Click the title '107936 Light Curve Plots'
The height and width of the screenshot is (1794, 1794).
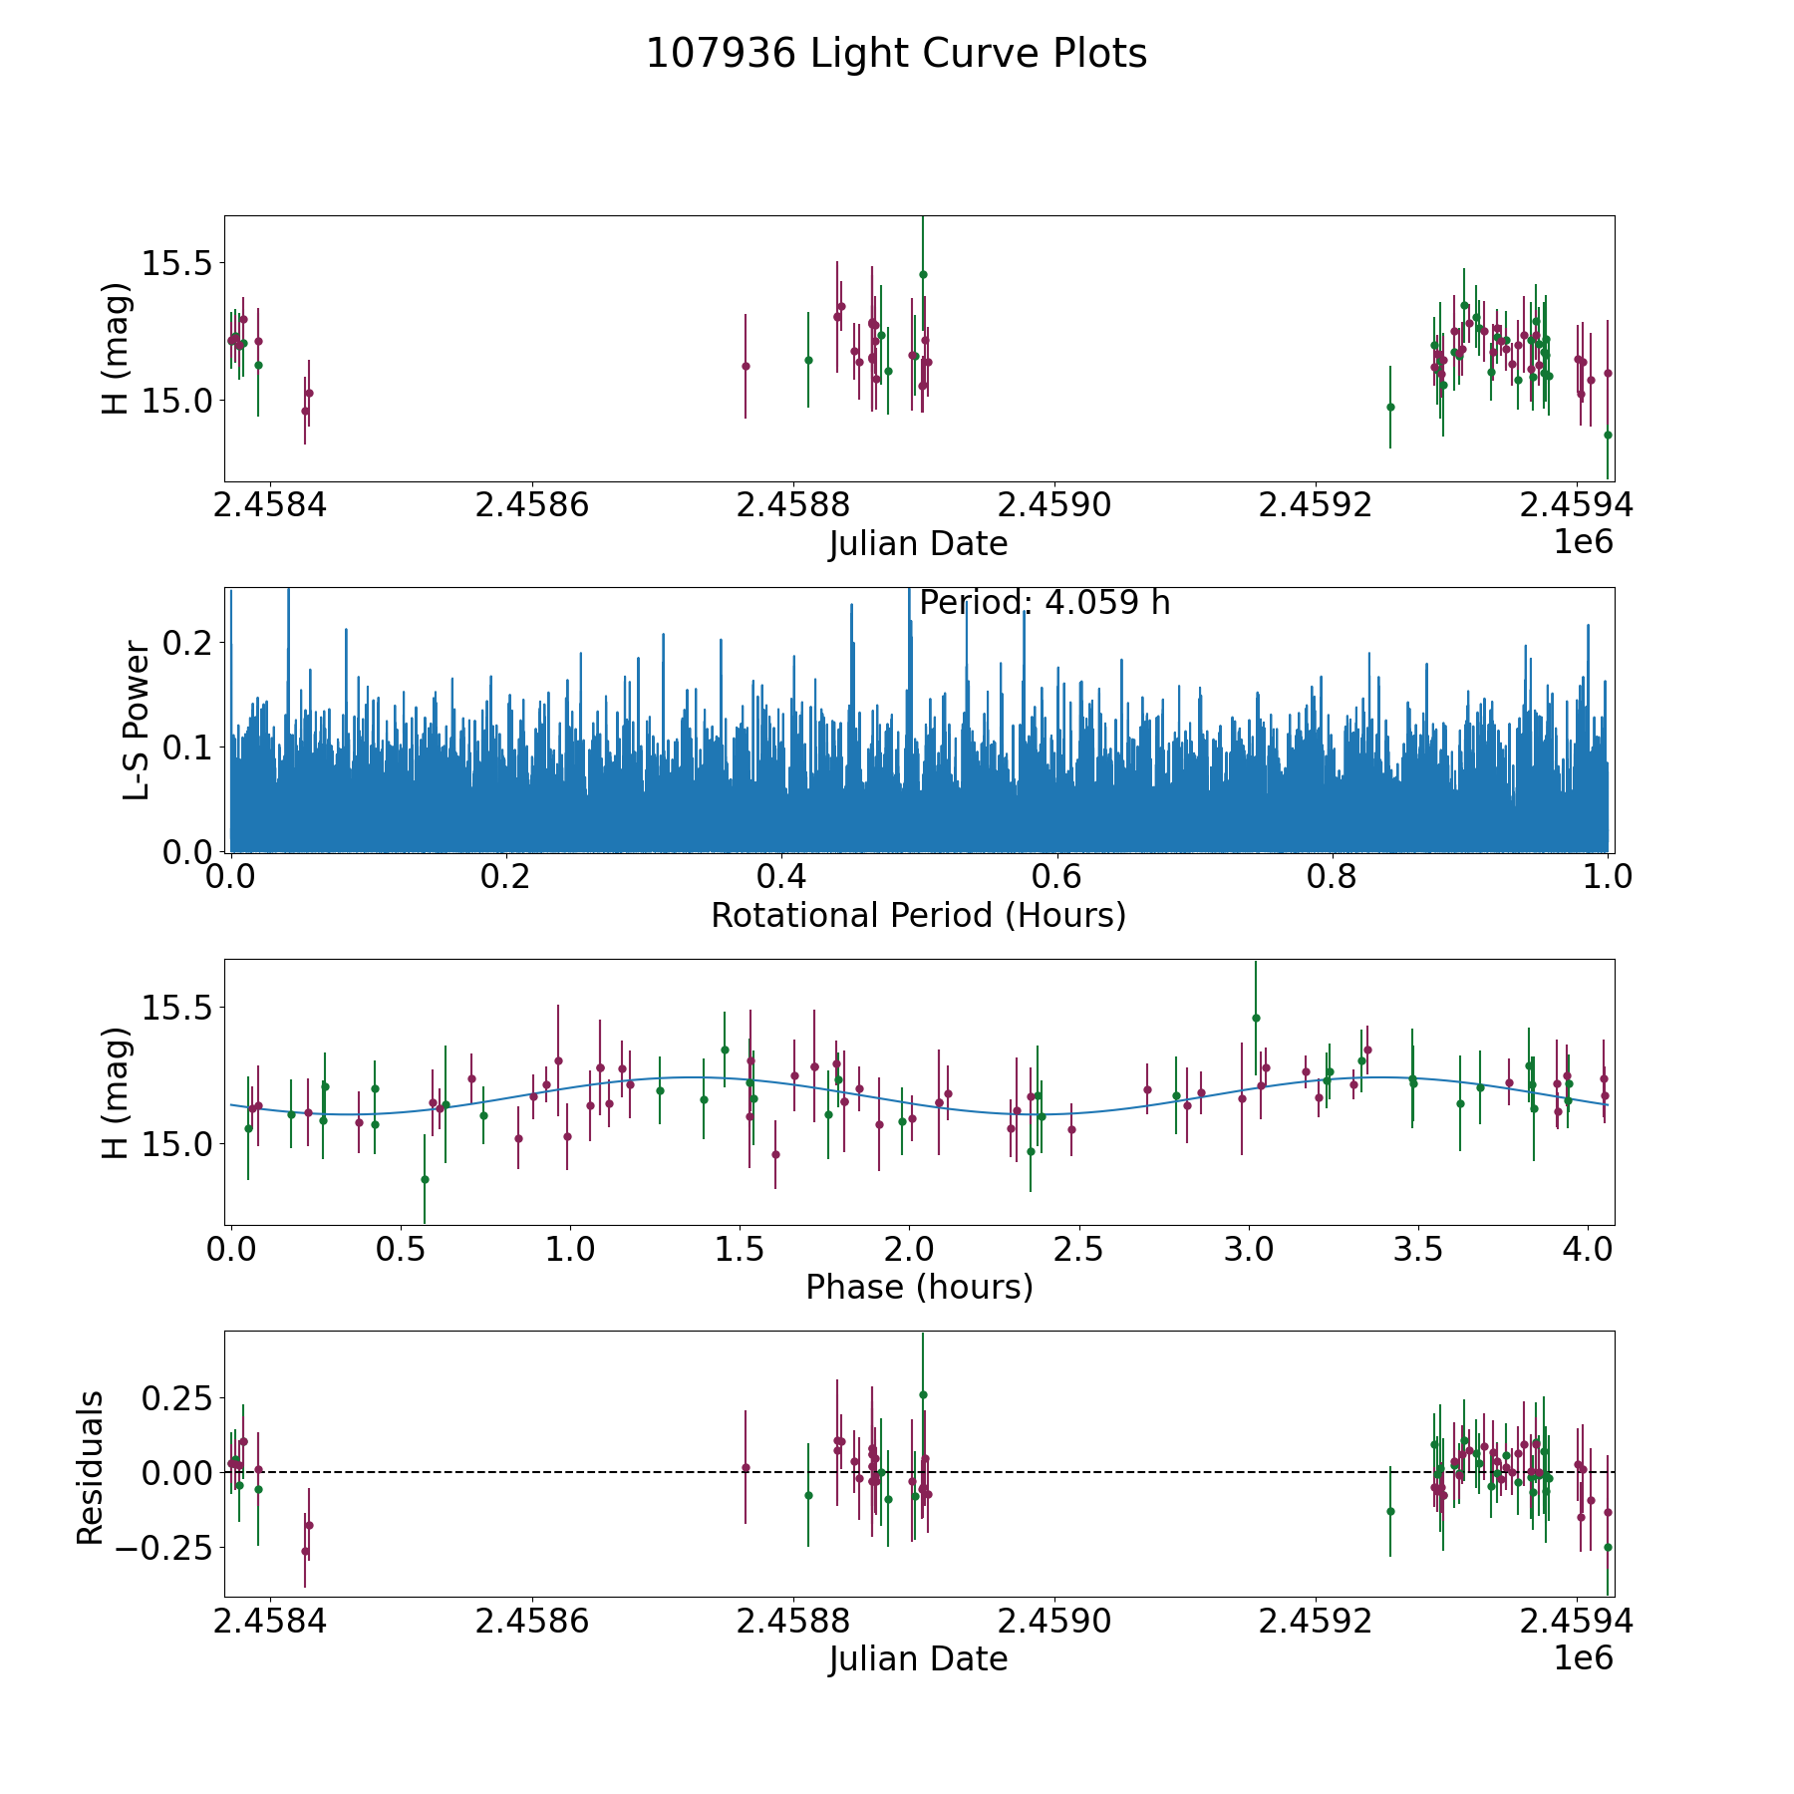(x=896, y=54)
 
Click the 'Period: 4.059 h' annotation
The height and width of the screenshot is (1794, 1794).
(x=1044, y=603)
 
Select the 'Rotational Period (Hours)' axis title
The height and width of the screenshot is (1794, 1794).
(x=918, y=915)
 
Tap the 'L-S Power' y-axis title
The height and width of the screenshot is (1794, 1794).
(x=138, y=720)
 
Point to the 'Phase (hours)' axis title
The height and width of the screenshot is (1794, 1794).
(x=918, y=1287)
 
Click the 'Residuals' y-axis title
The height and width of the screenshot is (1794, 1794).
(x=91, y=1468)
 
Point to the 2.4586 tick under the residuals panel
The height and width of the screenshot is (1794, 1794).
(x=531, y=1623)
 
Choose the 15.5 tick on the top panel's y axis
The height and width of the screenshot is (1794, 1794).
(x=177, y=263)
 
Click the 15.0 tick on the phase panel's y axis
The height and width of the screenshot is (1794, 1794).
(x=177, y=1144)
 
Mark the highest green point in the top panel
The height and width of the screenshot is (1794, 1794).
(x=923, y=274)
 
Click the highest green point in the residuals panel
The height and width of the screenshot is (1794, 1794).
(x=923, y=1394)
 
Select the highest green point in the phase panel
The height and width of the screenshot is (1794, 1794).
(x=1256, y=1018)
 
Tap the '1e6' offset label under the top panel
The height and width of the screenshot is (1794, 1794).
(x=1583, y=542)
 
